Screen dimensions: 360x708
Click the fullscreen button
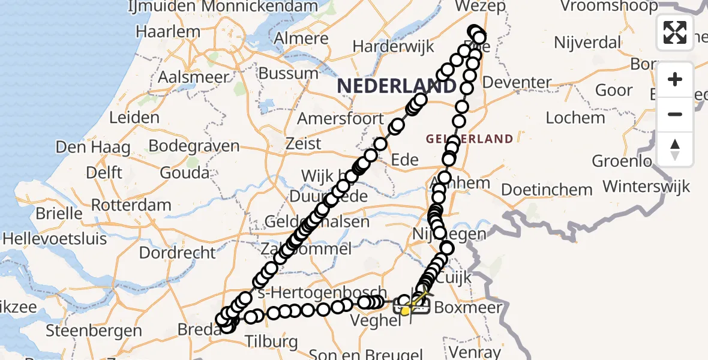tap(675, 32)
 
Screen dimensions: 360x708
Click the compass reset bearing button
tap(675, 149)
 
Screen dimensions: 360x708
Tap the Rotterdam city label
tap(131, 205)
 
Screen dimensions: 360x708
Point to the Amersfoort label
tap(340, 118)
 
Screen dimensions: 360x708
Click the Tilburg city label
tap(271, 342)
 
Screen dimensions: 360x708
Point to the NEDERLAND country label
tap(396, 86)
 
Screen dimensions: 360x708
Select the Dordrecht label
tap(177, 252)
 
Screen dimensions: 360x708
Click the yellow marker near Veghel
tap(406, 310)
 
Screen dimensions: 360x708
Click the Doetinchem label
tap(547, 190)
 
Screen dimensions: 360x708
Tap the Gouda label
tap(184, 173)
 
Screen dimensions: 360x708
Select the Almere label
tap(301, 38)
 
